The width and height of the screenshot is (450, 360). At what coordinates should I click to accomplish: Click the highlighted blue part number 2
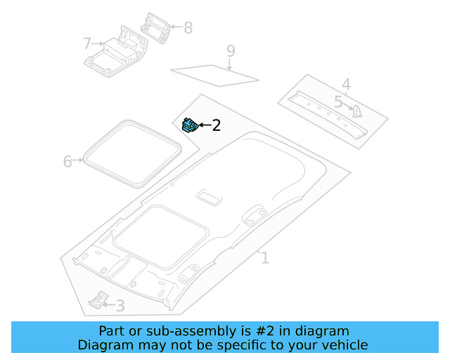click(x=189, y=125)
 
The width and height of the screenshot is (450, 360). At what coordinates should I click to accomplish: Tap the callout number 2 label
click(x=216, y=126)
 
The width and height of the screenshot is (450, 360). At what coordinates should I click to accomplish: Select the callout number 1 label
click(x=264, y=258)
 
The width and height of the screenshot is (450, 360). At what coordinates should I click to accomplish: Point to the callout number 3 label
click(x=120, y=306)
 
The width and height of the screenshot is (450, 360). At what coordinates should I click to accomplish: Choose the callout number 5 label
click(x=338, y=103)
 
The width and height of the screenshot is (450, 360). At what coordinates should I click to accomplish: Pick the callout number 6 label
click(x=67, y=162)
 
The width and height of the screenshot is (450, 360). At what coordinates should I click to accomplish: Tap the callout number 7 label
click(x=87, y=44)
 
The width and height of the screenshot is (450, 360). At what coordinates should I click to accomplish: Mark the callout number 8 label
click(x=188, y=28)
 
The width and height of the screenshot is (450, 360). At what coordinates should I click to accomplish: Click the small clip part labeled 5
click(x=356, y=110)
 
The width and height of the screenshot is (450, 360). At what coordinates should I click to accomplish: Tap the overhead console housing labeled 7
click(x=116, y=53)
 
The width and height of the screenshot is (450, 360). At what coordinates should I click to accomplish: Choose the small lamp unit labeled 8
click(x=155, y=27)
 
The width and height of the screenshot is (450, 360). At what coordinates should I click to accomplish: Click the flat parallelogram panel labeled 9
click(x=215, y=74)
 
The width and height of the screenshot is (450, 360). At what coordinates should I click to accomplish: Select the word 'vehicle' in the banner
click(x=344, y=345)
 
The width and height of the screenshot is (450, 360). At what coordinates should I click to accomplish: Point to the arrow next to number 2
click(x=204, y=125)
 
